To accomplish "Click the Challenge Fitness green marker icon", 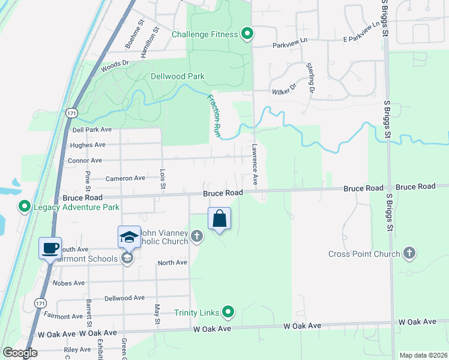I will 247,34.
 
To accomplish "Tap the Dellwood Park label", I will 178,76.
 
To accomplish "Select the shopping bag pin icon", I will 220,219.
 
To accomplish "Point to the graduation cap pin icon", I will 129,237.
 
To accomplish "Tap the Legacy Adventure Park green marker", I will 25,207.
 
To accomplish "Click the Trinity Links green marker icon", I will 228,312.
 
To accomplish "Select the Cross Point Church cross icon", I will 410,254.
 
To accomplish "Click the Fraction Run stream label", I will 214,116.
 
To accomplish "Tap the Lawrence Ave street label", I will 255,164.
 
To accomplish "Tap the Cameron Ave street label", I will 125,178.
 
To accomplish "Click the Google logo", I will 20,353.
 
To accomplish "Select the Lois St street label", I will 163,180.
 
